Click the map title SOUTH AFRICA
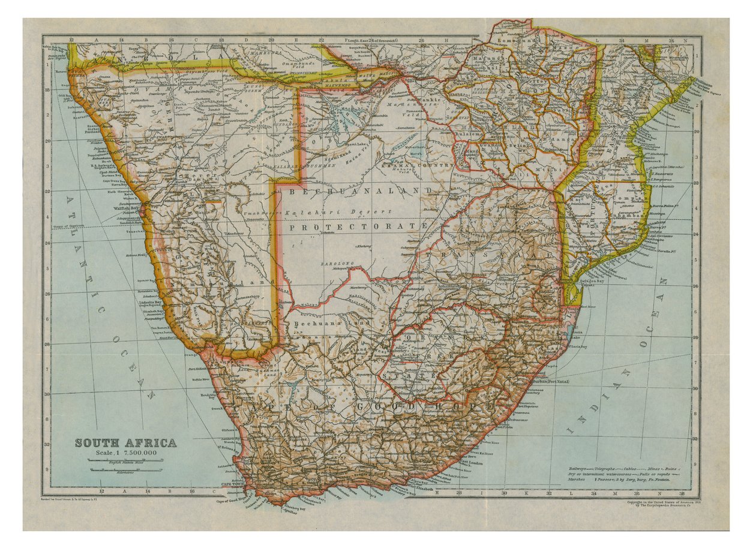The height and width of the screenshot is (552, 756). pos(126,444)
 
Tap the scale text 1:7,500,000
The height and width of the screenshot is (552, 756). pos(125,453)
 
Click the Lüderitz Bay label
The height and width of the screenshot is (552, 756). pos(151,303)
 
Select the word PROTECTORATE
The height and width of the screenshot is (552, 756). pos(358,227)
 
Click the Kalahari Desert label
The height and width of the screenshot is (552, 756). pos(328,213)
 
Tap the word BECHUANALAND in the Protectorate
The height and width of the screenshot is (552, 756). pos(360,191)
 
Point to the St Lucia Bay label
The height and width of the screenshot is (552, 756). pos(577,346)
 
